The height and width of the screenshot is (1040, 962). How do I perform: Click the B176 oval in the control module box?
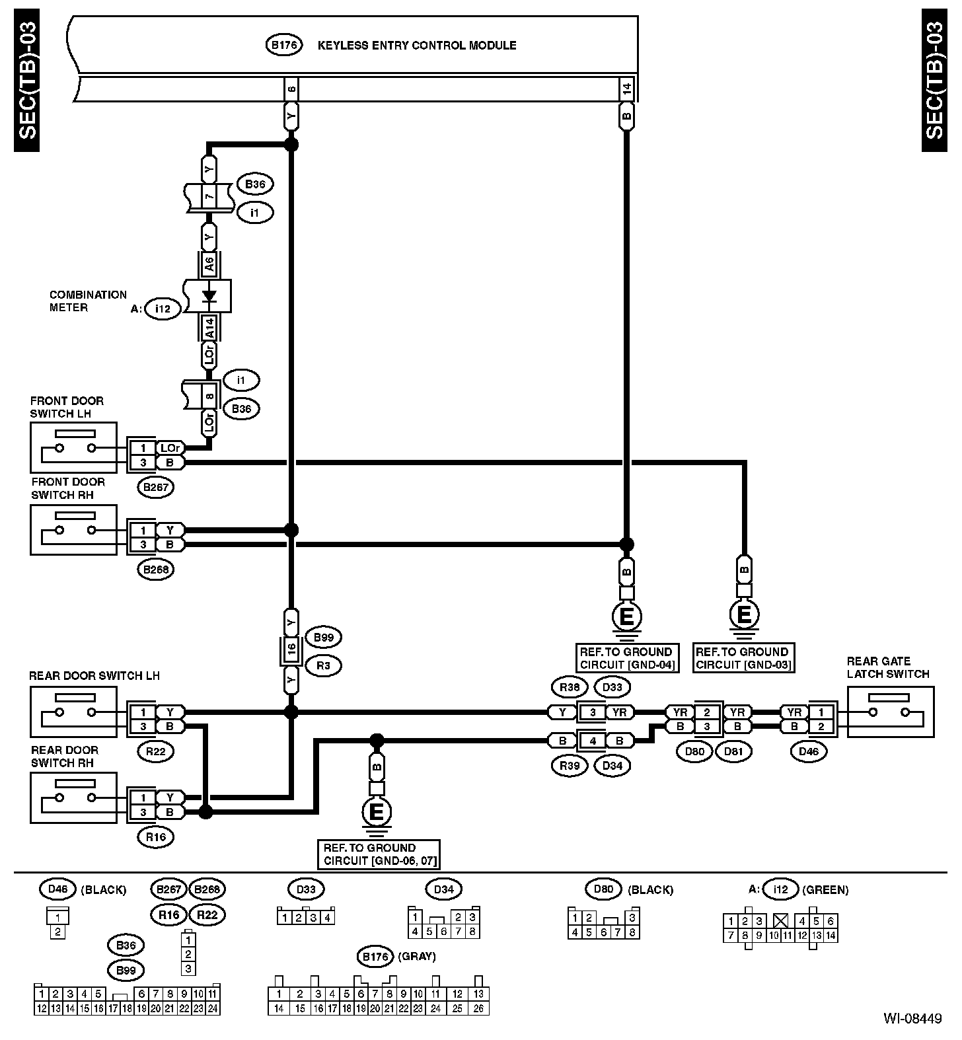click(x=284, y=45)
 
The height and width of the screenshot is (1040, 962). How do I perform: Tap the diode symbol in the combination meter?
click(x=209, y=295)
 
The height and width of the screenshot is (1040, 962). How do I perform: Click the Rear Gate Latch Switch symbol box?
click(x=891, y=712)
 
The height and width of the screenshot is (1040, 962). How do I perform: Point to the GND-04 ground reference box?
click(x=626, y=658)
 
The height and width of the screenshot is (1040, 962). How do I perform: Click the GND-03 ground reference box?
click(x=743, y=658)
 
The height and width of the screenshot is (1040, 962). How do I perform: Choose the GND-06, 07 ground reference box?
click(x=379, y=854)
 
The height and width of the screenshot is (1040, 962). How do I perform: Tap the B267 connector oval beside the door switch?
click(x=157, y=488)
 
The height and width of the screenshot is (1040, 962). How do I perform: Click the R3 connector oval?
click(x=323, y=665)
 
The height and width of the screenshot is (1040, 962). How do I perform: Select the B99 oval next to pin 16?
click(x=323, y=638)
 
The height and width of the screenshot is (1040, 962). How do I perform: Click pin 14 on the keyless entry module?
click(x=627, y=88)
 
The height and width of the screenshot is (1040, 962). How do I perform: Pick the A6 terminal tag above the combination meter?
click(x=209, y=265)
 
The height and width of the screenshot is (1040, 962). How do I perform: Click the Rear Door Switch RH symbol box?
click(x=73, y=798)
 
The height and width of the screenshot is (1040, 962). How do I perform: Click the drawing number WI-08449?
click(x=913, y=1018)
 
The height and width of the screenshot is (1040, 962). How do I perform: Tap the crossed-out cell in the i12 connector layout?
click(x=782, y=921)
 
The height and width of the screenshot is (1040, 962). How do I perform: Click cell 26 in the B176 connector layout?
click(x=478, y=1008)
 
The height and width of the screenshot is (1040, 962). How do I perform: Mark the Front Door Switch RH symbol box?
click(x=73, y=530)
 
